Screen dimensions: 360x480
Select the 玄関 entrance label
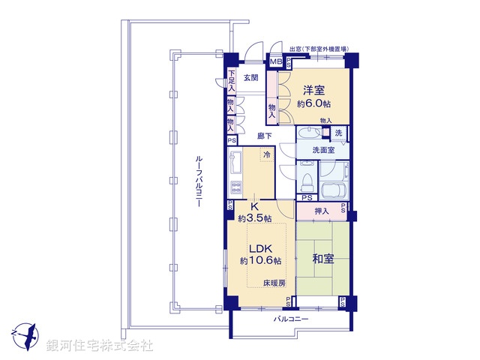point(250,77)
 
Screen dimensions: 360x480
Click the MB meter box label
point(275,62)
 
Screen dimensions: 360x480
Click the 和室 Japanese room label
point(322,259)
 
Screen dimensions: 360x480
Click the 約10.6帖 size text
point(260,261)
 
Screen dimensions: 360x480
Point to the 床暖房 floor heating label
point(274,283)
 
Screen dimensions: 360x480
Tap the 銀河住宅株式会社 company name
point(100,346)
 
